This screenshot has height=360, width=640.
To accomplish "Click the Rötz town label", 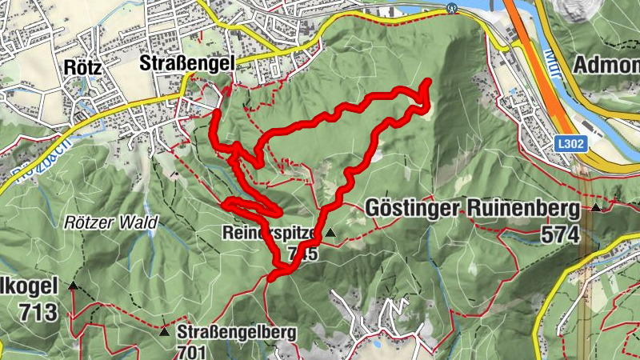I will (x=84, y=68).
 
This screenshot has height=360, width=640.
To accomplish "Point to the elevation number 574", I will (x=559, y=234).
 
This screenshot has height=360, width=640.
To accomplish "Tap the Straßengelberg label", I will (x=237, y=331).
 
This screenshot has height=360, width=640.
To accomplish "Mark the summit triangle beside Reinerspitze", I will (x=329, y=233).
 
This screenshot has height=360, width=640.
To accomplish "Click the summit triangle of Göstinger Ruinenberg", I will (x=596, y=208).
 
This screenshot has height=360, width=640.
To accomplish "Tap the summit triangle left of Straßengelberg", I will (x=164, y=330).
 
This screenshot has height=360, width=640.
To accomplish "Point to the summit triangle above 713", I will (x=73, y=286).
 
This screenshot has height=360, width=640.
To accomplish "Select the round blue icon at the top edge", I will (x=453, y=8).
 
